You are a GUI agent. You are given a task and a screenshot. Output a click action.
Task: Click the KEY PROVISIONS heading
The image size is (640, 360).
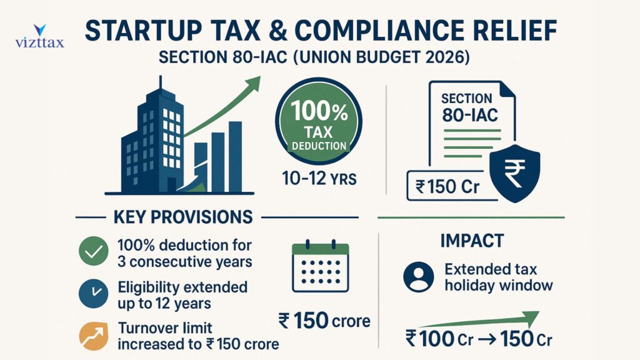[183, 217]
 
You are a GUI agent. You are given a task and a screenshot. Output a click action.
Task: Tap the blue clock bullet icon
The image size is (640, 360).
[93, 294]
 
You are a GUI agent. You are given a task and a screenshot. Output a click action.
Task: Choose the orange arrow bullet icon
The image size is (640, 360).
[93, 336]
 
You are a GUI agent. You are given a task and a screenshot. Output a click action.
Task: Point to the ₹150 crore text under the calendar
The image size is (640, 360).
[324, 322]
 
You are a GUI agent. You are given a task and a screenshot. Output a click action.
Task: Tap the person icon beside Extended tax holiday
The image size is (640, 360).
[418, 277]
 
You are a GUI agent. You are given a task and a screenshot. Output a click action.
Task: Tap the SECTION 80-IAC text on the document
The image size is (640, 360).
[466, 107]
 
